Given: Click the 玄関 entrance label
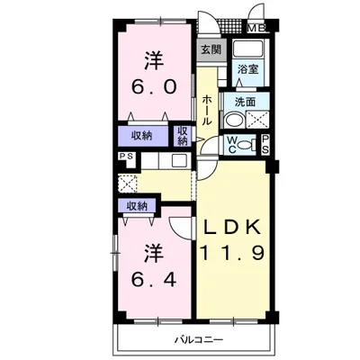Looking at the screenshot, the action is (211, 49).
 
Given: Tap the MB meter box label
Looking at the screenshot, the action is (256, 28).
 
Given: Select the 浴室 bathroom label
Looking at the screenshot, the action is (247, 69).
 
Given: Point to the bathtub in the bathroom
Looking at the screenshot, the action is (248, 48).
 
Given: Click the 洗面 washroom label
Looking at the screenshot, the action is (245, 103).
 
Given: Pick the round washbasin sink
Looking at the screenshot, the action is (233, 120).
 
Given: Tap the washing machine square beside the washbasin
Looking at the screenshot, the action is (257, 120).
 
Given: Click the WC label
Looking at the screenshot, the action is (231, 145).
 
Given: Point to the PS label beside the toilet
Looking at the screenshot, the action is (265, 145).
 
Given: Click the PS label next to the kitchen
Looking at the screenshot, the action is (126, 156).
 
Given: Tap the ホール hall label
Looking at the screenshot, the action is (207, 110).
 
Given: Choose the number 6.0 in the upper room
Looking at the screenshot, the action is (153, 87).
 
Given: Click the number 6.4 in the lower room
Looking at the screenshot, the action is (153, 280).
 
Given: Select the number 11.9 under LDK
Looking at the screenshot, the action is (232, 253).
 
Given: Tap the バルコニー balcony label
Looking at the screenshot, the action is (199, 340).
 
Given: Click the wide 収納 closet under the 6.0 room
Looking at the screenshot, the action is (142, 136).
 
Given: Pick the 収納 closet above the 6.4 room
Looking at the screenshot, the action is (137, 206).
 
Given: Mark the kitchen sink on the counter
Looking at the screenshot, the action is (180, 160).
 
